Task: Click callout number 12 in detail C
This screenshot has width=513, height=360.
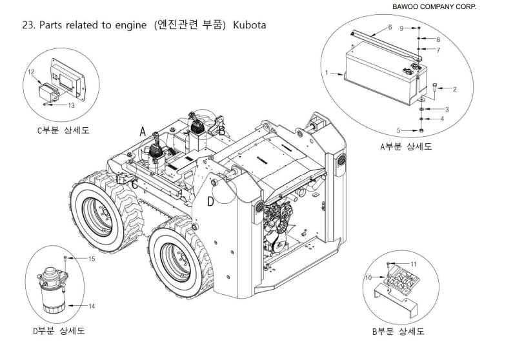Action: click(x=30, y=72)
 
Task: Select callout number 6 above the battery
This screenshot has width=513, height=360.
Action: click(x=390, y=27)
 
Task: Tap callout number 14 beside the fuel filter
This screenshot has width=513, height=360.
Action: click(x=91, y=306)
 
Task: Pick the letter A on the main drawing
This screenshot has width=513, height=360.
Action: click(x=143, y=132)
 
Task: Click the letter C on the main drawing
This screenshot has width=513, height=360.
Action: click(x=134, y=185)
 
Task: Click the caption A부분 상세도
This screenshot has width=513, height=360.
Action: click(x=406, y=146)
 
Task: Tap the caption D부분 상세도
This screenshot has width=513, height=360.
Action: click(x=58, y=331)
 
